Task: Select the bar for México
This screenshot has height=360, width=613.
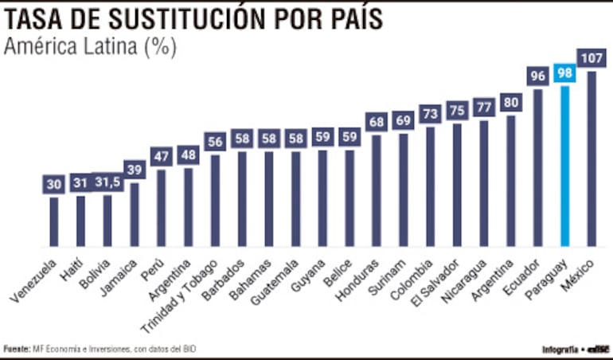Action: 592,158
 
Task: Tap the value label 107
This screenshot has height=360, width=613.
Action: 592,58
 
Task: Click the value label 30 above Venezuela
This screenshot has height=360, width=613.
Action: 54,184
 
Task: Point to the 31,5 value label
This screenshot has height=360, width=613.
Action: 107,182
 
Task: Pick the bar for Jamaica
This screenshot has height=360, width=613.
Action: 135,214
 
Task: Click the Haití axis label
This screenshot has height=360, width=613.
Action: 71,272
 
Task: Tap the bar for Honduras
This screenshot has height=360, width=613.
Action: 377,190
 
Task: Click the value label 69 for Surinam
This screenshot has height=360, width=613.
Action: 404,121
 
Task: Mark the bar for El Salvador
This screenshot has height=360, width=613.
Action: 457,185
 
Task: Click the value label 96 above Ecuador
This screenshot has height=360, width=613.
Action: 538,76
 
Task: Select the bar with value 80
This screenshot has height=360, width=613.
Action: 511,181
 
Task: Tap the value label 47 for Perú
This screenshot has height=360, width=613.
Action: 162,156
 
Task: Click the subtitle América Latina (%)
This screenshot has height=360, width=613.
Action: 90,47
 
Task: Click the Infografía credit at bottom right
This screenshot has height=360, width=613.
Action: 560,349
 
